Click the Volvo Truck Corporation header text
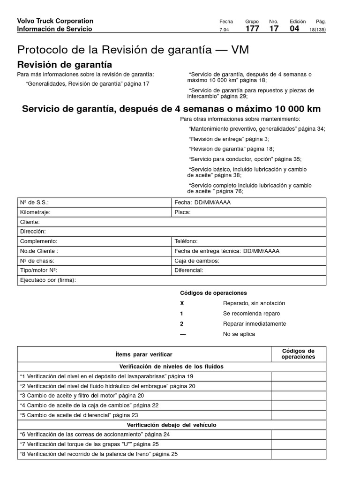pyautogui.click(x=55, y=21)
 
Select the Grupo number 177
pyautogui.click(x=253, y=29)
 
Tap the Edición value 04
pyautogui.click(x=294, y=29)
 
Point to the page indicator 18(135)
pyautogui.click(x=317, y=30)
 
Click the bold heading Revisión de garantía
pyautogui.click(x=64, y=65)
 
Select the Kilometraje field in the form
pyautogui.click(x=94, y=212)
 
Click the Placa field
pyautogui.click(x=248, y=212)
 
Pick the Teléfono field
pyautogui.click(x=248, y=241)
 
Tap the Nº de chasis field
pyautogui.click(x=94, y=261)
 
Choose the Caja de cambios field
pyautogui.click(x=248, y=261)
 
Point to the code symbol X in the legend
pyautogui.click(x=182, y=303)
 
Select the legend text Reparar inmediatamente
pyautogui.click(x=254, y=324)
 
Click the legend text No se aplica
pyautogui.click(x=239, y=334)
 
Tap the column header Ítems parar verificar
pyautogui.click(x=144, y=354)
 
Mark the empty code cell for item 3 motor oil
pyautogui.click(x=299, y=396)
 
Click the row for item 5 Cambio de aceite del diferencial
pyautogui.click(x=144, y=415)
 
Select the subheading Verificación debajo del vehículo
pyautogui.click(x=172, y=425)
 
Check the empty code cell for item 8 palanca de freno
pyautogui.click(x=299, y=454)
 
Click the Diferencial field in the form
pyautogui.click(x=248, y=270)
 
